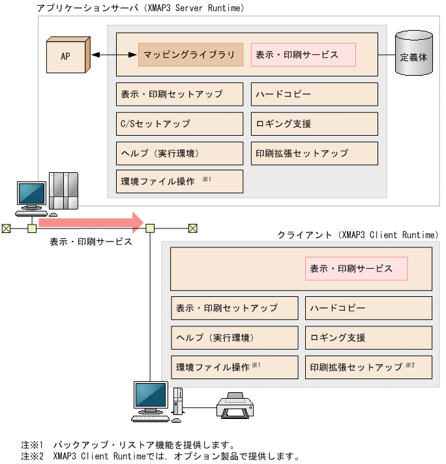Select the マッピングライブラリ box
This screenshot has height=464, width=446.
click(x=190, y=55)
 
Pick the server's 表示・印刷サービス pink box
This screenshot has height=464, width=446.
click(x=303, y=55)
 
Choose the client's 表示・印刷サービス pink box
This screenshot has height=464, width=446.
click(x=356, y=268)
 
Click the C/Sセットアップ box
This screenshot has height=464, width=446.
click(x=179, y=123)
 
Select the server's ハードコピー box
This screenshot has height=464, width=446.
click(x=314, y=94)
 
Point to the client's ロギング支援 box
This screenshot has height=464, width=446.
click(x=368, y=337)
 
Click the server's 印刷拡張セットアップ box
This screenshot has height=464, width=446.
click(x=314, y=153)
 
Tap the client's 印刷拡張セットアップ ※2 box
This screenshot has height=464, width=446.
click(x=368, y=367)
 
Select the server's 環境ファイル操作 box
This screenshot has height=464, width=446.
click(x=179, y=181)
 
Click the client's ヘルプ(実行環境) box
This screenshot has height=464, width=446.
click(x=234, y=337)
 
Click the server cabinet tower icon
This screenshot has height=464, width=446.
click(x=64, y=192)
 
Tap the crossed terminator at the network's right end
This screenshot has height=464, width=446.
click(x=192, y=228)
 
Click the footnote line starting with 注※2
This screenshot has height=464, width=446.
click(x=160, y=456)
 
